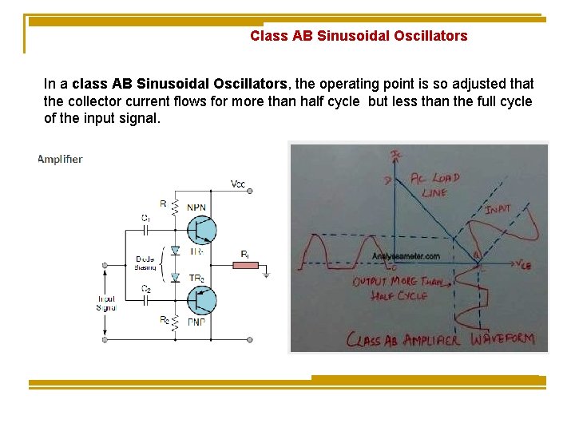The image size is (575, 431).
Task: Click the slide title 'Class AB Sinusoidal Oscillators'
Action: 359,36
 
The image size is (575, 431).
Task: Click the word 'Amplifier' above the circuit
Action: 60,159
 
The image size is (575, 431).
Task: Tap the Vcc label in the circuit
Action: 238,184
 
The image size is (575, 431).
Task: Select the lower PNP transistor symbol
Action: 201,301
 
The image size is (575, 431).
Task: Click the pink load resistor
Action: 246,265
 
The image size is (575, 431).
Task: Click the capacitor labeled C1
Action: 146,227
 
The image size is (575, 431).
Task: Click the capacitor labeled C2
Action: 146,300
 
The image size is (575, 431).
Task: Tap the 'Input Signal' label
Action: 105,303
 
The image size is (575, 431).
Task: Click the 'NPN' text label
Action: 196,208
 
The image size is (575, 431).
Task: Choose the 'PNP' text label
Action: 196,323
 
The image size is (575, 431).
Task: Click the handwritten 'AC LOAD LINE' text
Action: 430,185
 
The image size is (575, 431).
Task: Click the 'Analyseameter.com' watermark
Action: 406,257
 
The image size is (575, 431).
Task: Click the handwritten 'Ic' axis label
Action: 397,154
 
